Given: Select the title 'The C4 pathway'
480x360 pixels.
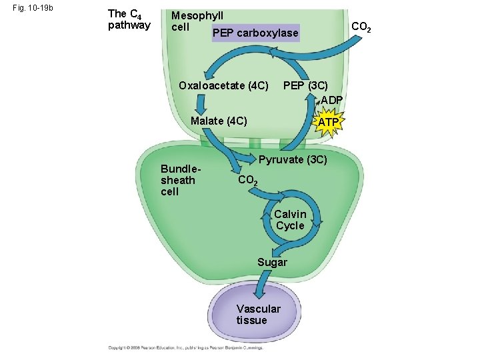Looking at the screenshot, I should [x=129, y=19].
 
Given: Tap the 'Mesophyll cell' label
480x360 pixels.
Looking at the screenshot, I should [x=197, y=21].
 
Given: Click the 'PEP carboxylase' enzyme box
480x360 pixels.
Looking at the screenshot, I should [x=255, y=33].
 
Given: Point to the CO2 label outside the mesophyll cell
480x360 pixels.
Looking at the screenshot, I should [x=361, y=27].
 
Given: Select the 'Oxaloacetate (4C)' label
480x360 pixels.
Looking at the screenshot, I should [x=223, y=85].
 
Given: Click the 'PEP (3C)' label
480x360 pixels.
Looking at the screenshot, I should [x=305, y=85].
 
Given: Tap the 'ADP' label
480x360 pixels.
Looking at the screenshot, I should [x=331, y=100].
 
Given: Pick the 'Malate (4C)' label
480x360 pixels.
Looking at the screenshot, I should [x=219, y=121].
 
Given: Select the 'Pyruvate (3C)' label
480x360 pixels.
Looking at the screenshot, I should [x=292, y=160].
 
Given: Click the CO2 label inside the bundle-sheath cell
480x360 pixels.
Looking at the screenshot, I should [x=247, y=181].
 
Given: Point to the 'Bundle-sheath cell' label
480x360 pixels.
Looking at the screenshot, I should [x=178, y=180].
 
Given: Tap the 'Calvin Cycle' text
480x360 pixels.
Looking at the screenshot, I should [x=290, y=219].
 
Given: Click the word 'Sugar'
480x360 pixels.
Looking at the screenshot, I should [x=272, y=262].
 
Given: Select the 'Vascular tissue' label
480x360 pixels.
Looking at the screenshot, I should [x=258, y=314].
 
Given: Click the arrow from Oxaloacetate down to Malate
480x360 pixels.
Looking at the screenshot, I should [x=199, y=105].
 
